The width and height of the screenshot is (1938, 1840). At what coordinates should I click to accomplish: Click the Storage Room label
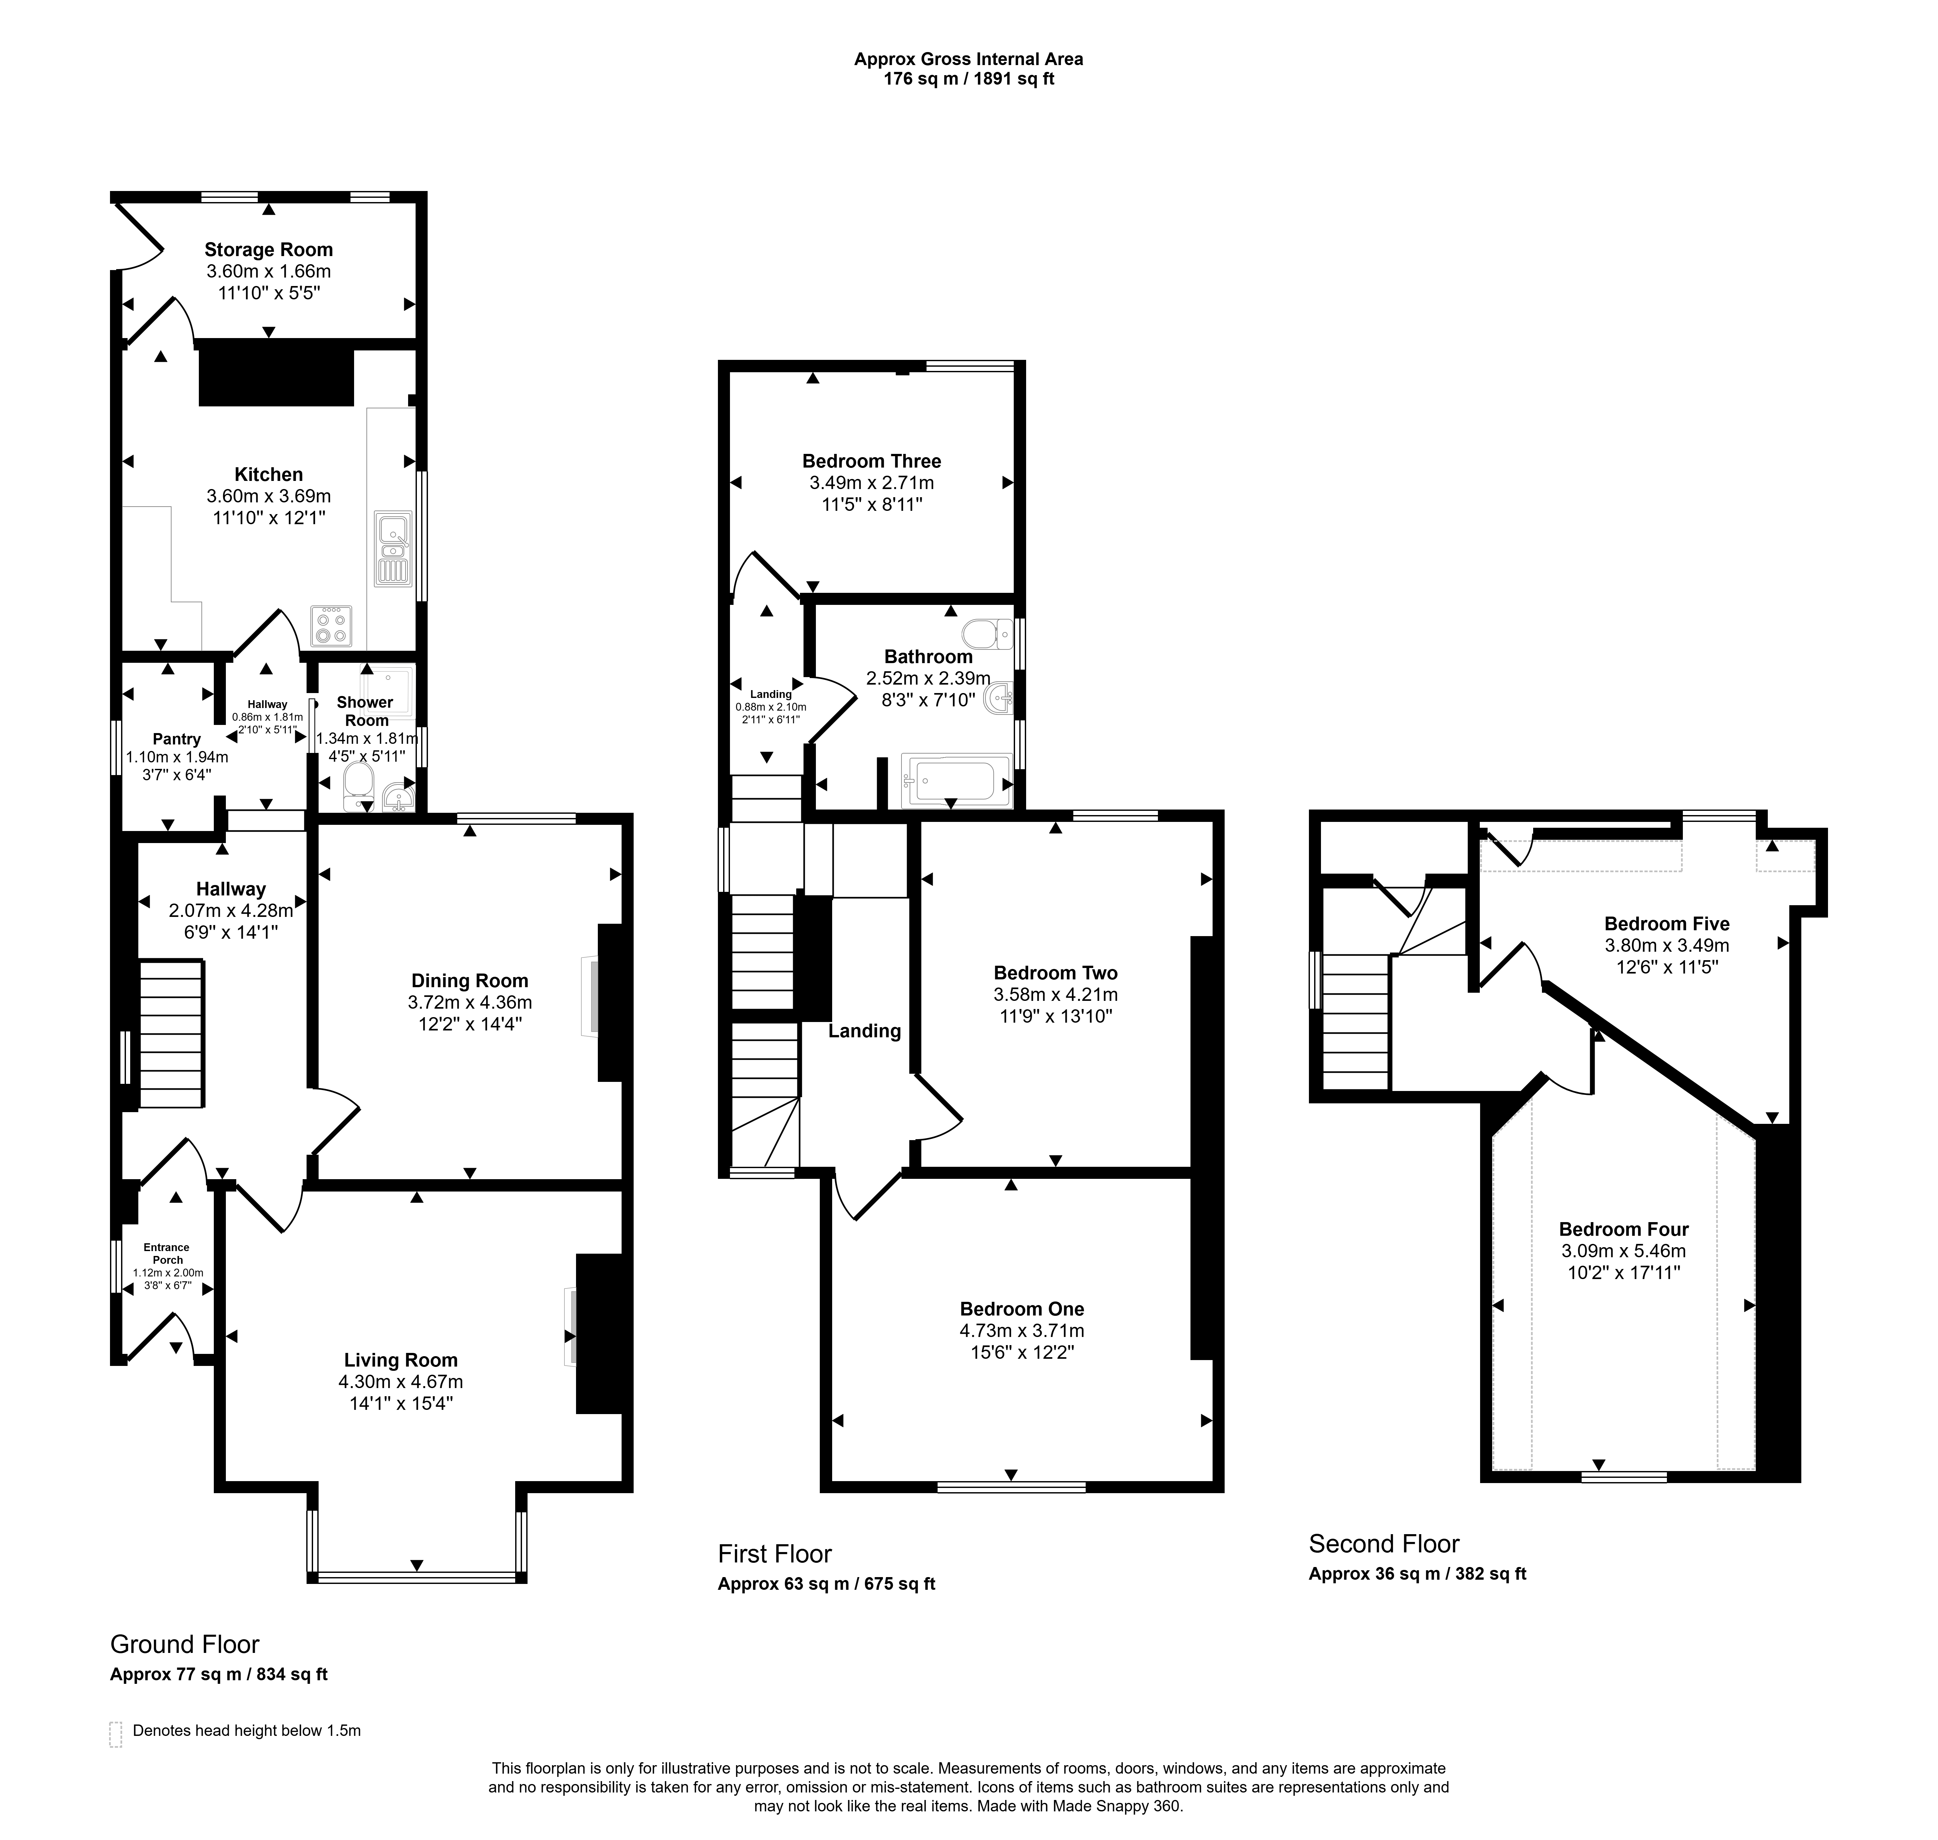pyautogui.click(x=268, y=250)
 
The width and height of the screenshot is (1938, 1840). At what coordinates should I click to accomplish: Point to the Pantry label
pyautogui.click(x=176, y=739)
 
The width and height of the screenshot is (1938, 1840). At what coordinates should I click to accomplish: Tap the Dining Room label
pyautogui.click(x=470, y=981)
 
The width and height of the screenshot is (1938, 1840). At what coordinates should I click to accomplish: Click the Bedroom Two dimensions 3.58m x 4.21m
pyautogui.click(x=1055, y=995)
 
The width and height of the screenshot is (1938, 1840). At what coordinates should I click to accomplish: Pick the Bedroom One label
pyautogui.click(x=1022, y=1309)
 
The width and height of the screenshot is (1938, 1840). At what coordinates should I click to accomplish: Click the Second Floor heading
pyautogui.click(x=1384, y=1544)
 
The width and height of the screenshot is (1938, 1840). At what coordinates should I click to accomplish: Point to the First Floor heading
pyautogui.click(x=775, y=1554)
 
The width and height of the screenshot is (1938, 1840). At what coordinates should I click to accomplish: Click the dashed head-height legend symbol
pyautogui.click(x=116, y=1734)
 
